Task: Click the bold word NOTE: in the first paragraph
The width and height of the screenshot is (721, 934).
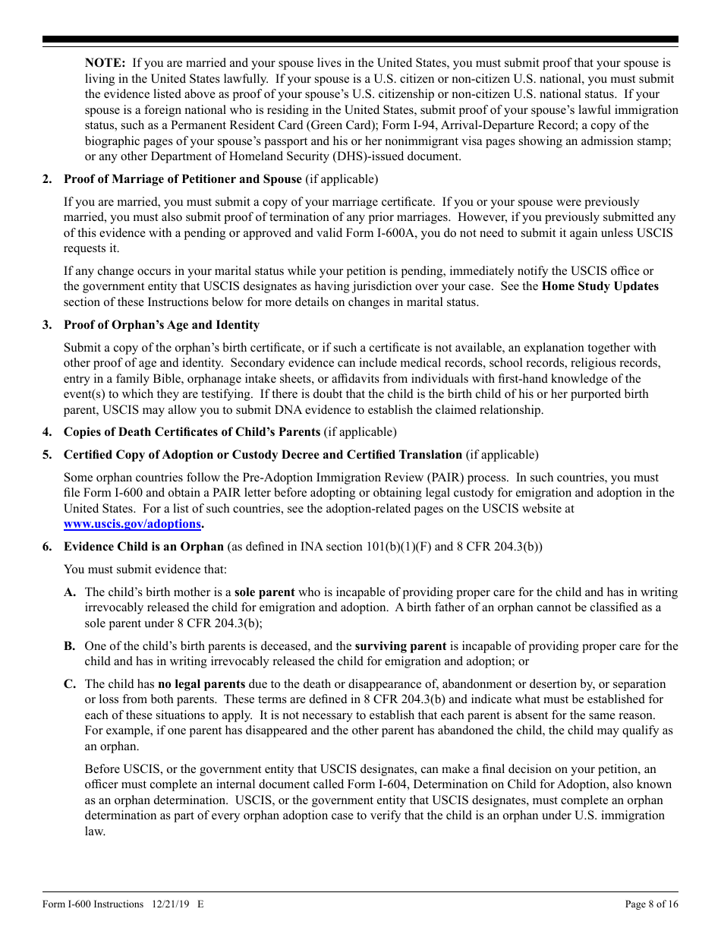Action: click(105, 63)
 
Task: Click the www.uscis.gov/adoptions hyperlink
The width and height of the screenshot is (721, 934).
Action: click(132, 524)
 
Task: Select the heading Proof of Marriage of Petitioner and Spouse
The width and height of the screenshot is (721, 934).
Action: click(182, 179)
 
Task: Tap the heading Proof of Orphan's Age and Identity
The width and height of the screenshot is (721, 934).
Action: click(161, 325)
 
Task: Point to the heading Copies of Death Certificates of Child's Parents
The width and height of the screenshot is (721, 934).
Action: click(191, 432)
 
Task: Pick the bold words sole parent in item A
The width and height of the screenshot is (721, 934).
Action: click(265, 592)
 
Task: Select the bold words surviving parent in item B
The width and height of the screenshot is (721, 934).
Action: click(400, 646)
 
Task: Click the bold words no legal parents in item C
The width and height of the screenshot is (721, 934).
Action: click(201, 684)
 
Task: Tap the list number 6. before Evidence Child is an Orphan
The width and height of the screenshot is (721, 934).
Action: click(47, 547)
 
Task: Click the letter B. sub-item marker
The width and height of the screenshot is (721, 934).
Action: click(70, 646)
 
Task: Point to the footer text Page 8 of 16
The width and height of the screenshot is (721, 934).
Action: click(651, 904)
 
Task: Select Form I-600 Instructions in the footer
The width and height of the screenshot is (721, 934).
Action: click(93, 904)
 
